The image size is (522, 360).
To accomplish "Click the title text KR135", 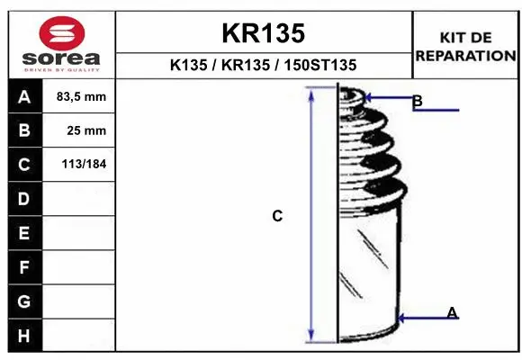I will [263, 33].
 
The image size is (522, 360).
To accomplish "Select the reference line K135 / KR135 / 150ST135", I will [263, 65].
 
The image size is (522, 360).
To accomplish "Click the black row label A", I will [24, 96].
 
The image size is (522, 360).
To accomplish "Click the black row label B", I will [24, 130].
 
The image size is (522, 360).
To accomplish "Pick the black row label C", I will [24, 165].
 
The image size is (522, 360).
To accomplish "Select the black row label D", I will [24, 199].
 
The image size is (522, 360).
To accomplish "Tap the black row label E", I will [24, 233].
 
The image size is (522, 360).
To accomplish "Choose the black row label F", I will [24, 267].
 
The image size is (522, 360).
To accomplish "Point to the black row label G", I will [24, 301].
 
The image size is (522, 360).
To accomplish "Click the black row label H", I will [24, 335].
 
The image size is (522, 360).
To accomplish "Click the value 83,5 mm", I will [81, 96].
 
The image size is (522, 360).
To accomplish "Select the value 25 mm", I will [86, 130].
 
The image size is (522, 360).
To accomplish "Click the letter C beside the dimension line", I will [277, 216].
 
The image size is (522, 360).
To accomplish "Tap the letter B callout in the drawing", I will [417, 102].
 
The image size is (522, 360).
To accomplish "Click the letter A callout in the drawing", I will [452, 312].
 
